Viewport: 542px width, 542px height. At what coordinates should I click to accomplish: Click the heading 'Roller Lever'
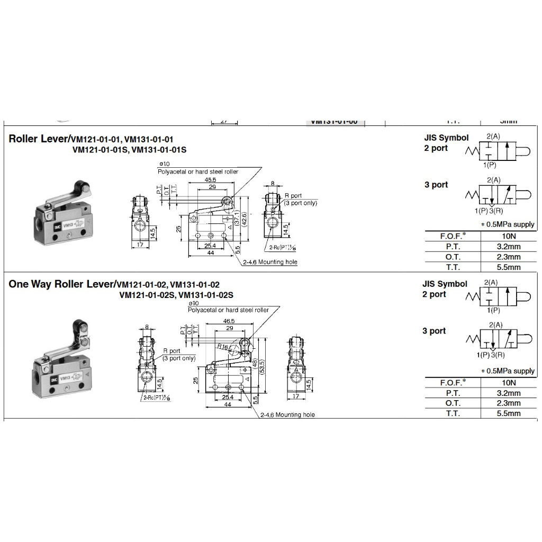(38, 139)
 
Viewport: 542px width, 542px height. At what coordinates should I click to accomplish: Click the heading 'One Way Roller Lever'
(60, 284)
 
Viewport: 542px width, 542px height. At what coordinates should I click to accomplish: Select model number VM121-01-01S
(100, 150)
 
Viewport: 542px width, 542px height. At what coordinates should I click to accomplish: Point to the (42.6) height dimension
(244, 219)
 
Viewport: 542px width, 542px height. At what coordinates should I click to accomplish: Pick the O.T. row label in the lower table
(453, 403)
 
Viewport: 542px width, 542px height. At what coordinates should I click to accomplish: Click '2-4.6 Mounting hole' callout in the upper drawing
(270, 263)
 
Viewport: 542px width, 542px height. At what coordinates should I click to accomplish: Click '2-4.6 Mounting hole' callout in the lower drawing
(287, 415)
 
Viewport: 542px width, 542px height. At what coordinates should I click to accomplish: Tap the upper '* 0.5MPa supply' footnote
(507, 224)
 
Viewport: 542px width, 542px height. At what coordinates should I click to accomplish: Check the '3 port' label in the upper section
(436, 185)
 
